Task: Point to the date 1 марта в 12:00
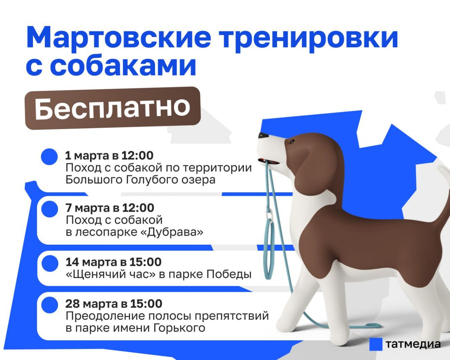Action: [109, 155]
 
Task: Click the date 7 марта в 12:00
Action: [110, 208]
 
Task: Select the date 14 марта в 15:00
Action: [113, 262]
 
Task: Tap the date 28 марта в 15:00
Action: [114, 304]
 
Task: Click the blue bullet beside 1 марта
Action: [49, 156]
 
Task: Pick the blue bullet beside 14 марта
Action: [49, 263]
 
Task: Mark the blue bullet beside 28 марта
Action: [49, 305]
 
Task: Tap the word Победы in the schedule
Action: [229, 274]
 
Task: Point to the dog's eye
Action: [292, 142]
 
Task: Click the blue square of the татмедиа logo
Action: [375, 344]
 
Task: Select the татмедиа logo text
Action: [413, 344]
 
